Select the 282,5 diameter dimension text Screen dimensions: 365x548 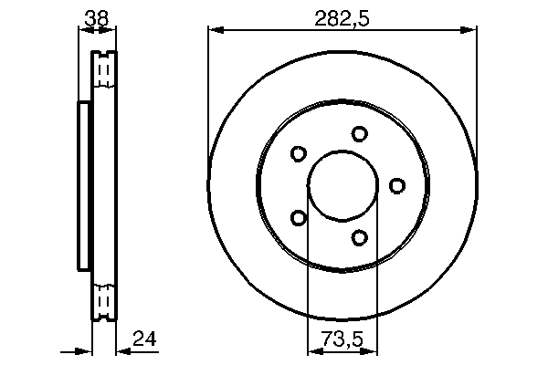[x=342, y=16]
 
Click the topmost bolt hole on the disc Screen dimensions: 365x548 [x=359, y=134]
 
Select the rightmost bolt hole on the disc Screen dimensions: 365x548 [x=396, y=186]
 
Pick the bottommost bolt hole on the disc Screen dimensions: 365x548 [x=359, y=238]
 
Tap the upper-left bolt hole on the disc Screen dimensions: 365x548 [x=298, y=154]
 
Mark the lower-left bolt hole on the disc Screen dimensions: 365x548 [x=298, y=218]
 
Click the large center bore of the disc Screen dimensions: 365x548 [x=342, y=186]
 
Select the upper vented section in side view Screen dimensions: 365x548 [x=105, y=69]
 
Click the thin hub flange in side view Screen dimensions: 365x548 [x=84, y=186]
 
